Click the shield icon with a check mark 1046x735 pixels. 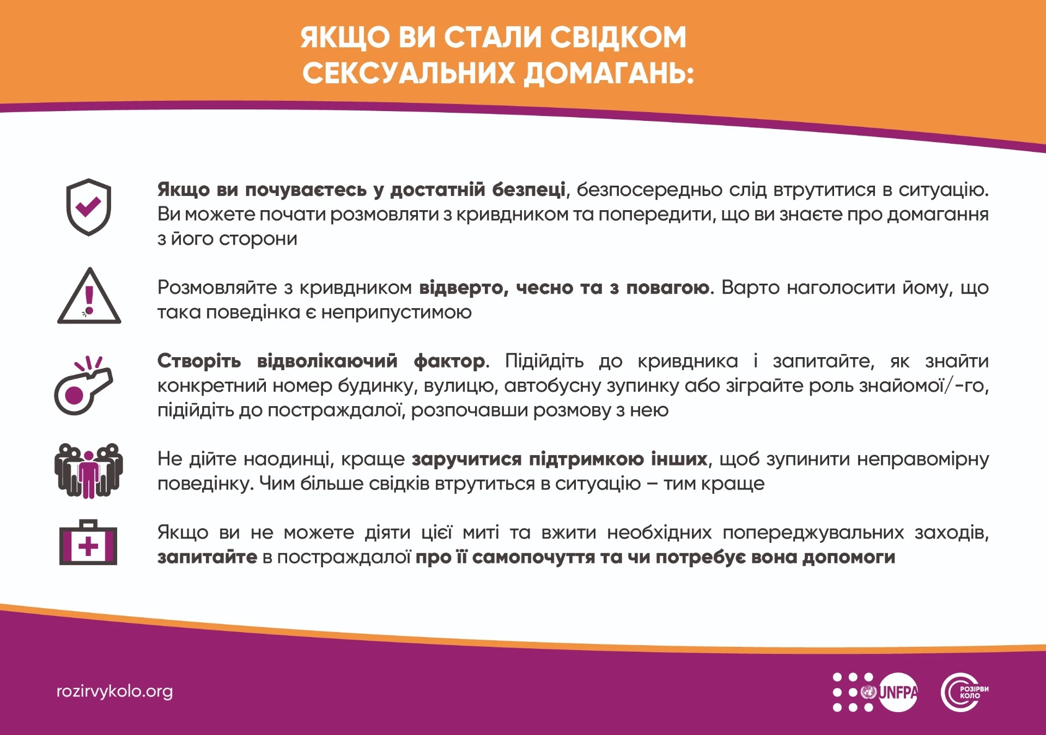click(88, 207)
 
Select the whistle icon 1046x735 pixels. click(83, 385)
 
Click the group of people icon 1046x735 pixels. click(88, 471)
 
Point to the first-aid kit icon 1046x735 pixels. click(88, 542)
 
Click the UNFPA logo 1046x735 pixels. click(875, 692)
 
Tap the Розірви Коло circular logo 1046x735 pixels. click(964, 692)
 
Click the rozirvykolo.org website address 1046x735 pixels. click(114, 691)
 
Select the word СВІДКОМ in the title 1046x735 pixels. click(618, 37)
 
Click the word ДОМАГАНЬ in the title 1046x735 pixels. click(609, 73)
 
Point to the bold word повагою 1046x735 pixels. click(667, 287)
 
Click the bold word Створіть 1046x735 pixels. click(199, 361)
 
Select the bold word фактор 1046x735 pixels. click(449, 361)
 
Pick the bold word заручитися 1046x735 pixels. click(466, 459)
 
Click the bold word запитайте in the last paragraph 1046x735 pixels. click(207, 557)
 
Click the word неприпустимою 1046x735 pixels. click(396, 313)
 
